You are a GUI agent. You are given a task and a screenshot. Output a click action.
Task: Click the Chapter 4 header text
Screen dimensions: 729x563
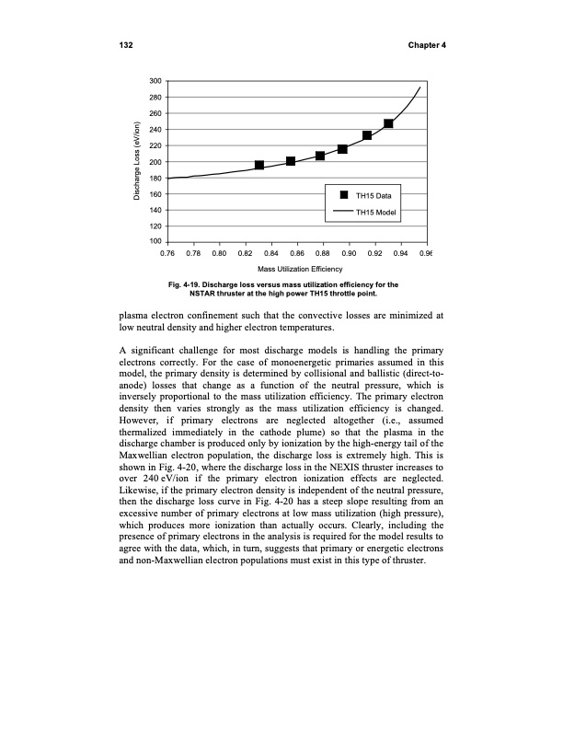point(424,46)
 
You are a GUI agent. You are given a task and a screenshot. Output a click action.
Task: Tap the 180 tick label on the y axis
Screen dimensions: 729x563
point(157,179)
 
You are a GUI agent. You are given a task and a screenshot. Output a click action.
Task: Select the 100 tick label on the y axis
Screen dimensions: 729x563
point(157,242)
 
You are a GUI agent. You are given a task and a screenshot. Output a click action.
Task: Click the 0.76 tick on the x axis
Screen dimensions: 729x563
point(168,251)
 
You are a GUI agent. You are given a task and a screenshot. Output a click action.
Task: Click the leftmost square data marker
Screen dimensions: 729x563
point(259,165)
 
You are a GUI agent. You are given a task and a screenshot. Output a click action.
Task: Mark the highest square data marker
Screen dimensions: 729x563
point(388,123)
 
